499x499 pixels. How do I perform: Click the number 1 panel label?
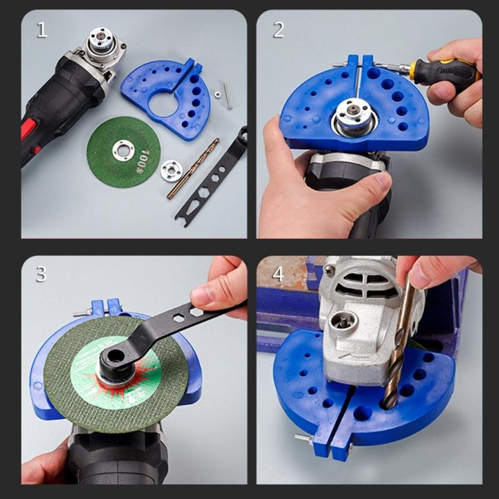point(41,30)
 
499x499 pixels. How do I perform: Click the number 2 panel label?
point(278,30)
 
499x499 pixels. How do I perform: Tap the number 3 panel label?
point(41,273)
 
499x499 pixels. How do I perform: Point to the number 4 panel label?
point(278,273)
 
